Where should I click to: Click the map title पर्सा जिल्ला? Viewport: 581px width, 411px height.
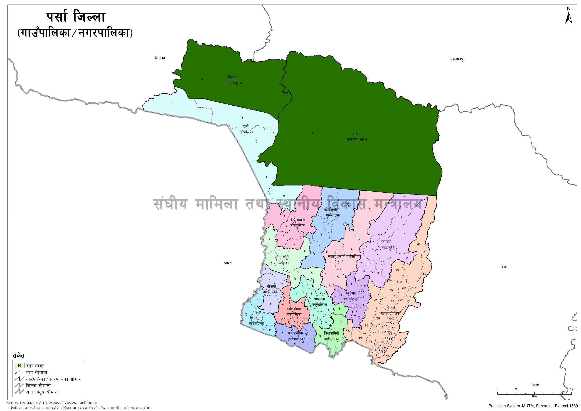[x=76, y=18]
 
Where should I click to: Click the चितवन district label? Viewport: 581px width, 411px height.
[x=160, y=58]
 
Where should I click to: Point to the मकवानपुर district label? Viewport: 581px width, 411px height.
[x=457, y=59]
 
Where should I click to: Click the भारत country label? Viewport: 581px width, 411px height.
[x=228, y=263]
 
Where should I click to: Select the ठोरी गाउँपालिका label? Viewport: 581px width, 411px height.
[x=246, y=129]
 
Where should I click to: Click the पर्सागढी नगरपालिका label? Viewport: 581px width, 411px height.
[x=388, y=244]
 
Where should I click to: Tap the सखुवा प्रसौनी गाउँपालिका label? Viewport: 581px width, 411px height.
[x=344, y=256]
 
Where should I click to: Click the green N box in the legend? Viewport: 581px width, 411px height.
[x=19, y=365]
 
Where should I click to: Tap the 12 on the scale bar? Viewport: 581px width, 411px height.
[x=572, y=389]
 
